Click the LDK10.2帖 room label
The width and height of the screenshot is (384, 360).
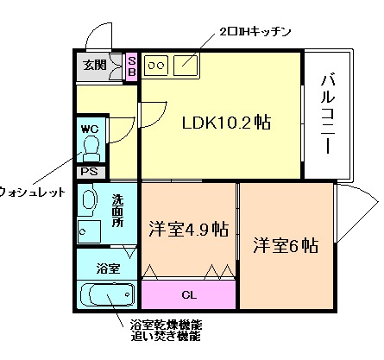tap(225, 123)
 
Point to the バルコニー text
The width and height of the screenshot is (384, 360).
tap(327, 114)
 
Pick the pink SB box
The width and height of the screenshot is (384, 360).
tap(132, 66)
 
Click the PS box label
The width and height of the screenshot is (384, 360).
tap(89, 171)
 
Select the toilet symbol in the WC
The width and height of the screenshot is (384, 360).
tap(91, 148)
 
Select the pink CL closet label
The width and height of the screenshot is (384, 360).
tap(188, 293)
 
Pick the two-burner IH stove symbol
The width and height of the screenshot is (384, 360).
tap(157, 64)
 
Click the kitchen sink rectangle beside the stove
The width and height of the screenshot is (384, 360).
tap(186, 64)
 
